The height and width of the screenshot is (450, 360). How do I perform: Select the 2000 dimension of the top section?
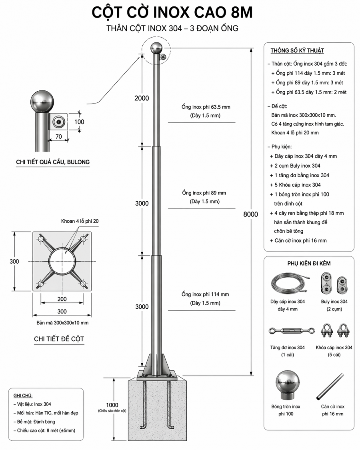coord(142,98)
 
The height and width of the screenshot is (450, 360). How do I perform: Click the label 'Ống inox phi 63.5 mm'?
coord(205,107)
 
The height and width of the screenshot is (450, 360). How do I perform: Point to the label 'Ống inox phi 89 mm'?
coord(205,193)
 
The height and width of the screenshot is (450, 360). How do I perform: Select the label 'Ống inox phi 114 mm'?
coord(205,295)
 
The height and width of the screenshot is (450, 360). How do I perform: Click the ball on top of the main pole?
coord(156,49)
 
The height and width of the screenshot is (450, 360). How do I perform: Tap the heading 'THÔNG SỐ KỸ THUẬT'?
coord(297,51)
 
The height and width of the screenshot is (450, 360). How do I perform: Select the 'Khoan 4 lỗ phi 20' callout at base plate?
coord(80,221)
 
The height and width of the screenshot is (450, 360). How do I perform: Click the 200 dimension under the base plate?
coord(62,299)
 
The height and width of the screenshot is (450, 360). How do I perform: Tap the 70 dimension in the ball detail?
coord(59,136)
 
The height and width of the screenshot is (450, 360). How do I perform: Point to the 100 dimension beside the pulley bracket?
coord(80,121)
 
